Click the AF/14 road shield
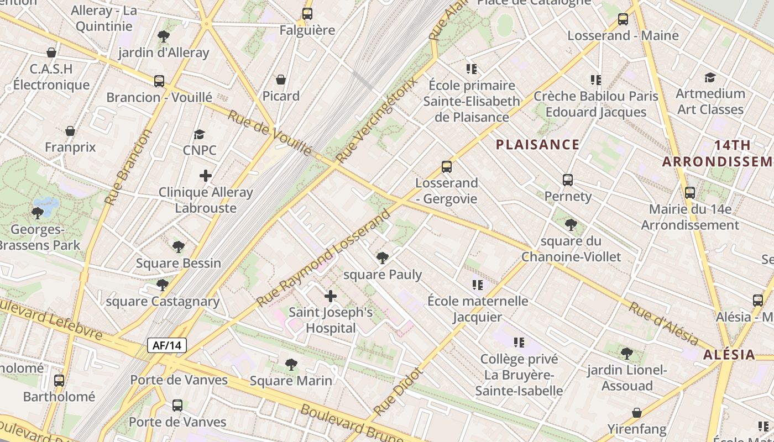tap(167, 346)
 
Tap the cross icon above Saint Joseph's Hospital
tap(331, 296)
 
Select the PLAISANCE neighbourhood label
tap(537, 145)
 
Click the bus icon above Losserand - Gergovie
tap(447, 166)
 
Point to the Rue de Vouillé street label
tap(270, 133)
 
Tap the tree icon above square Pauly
tap(382, 258)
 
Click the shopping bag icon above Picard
tap(281, 80)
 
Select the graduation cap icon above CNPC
tap(200, 134)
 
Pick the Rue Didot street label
tap(398, 392)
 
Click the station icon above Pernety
tap(568, 180)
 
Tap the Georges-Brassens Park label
tap(39, 237)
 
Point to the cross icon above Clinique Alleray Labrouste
tap(206, 176)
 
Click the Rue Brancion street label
tap(128, 167)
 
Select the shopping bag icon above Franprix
tap(70, 131)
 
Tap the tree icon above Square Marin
tap(291, 364)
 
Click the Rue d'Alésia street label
tap(663, 323)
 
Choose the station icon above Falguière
tap(307, 14)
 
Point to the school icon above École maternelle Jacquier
tap(478, 285)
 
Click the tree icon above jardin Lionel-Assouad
tap(626, 353)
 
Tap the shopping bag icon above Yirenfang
tap(637, 413)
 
